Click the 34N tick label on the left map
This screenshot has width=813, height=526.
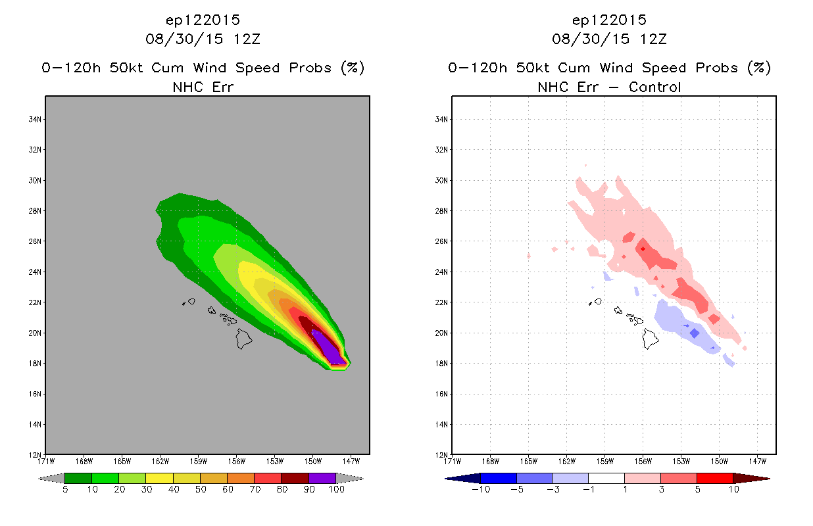(35, 120)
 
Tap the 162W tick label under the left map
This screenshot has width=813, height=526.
(160, 462)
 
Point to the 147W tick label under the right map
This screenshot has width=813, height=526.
(758, 462)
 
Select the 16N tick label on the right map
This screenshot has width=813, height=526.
(441, 394)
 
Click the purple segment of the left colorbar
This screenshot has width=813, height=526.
(322, 478)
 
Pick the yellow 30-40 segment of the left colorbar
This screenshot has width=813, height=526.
(160, 478)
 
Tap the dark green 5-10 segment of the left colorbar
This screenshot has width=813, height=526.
(78, 478)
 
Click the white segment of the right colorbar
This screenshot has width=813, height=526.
(606, 478)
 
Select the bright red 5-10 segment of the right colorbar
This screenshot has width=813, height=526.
(715, 478)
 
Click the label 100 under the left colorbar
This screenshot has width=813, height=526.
(336, 489)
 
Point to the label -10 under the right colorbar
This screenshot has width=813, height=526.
(481, 489)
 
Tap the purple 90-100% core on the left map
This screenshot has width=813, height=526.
(328, 347)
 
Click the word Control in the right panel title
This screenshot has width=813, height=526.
(654, 87)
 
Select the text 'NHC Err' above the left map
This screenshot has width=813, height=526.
(203, 87)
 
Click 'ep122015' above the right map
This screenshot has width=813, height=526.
(609, 20)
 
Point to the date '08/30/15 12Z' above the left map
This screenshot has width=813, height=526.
(203, 39)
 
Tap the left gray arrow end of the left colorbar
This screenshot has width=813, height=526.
(51, 478)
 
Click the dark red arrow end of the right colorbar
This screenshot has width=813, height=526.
(751, 478)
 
